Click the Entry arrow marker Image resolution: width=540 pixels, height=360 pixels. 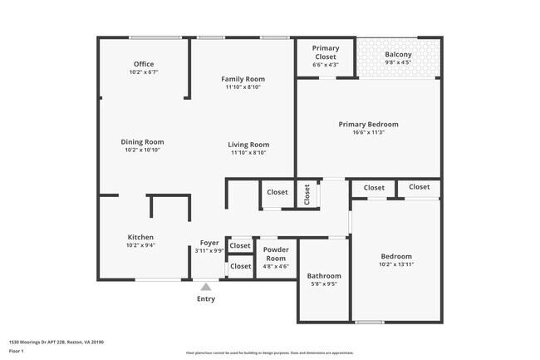tap(205, 287)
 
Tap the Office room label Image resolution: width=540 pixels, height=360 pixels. tap(144, 64)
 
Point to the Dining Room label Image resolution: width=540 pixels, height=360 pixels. tap(143, 141)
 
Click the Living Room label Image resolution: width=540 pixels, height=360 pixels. tap(248, 145)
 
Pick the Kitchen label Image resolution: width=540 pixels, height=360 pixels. tap(140, 237)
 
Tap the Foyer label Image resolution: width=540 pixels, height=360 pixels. tap(209, 243)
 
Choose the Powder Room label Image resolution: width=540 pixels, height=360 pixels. tap(275, 254)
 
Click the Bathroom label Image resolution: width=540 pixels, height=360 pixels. tap(324, 275)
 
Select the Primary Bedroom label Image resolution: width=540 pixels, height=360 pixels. tap(368, 124)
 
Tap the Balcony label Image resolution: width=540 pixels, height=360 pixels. tap(398, 55)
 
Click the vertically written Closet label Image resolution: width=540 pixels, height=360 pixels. tap(307, 195)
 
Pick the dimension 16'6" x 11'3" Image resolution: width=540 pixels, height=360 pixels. tap(368, 132)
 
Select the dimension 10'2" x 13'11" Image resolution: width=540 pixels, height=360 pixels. tap(396, 264)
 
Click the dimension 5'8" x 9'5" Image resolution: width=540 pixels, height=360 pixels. tap(324, 284)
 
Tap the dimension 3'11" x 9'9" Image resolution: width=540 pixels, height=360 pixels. tap(209, 250)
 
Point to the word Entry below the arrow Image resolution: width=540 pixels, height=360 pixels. tap(205, 299)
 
